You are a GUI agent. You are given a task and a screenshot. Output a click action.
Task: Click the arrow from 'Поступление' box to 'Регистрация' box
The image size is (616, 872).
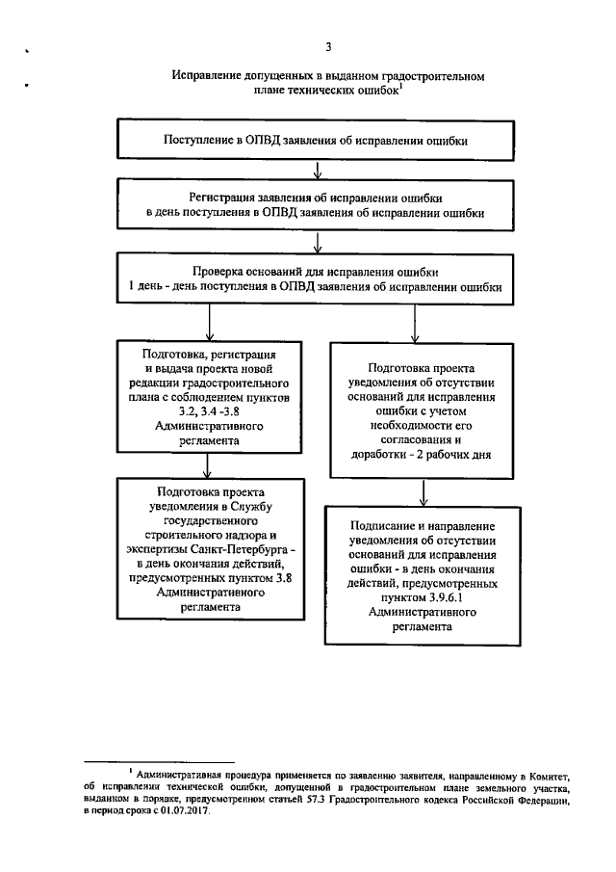(318, 171)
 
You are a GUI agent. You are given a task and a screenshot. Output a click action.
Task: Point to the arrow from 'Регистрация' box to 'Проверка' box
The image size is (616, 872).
(318, 241)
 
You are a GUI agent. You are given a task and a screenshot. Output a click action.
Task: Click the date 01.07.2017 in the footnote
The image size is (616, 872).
(185, 811)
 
